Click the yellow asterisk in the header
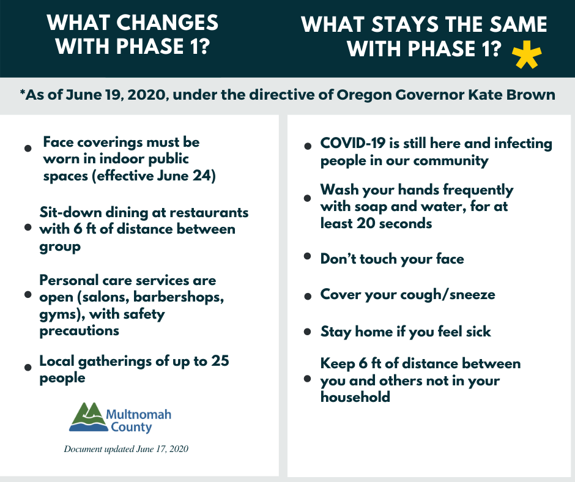pyautogui.click(x=527, y=55)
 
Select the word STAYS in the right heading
pyautogui.click(x=406, y=24)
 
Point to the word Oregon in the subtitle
pyautogui.click(x=360, y=95)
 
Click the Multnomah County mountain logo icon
pyautogui.click(x=87, y=417)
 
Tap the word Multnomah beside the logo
pyautogui.click(x=139, y=415)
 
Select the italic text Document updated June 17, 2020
pyautogui.click(x=126, y=449)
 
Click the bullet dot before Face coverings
pyautogui.click(x=28, y=148)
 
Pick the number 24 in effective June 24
pyautogui.click(x=202, y=176)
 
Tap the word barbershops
pyautogui.click(x=179, y=297)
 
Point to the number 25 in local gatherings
pyautogui.click(x=220, y=361)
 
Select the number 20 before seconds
pyautogui.click(x=366, y=223)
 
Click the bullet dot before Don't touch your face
pyautogui.click(x=308, y=256)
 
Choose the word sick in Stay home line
pyautogui.click(x=478, y=332)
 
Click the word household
pyautogui.click(x=355, y=397)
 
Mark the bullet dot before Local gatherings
pyautogui.click(x=28, y=367)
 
